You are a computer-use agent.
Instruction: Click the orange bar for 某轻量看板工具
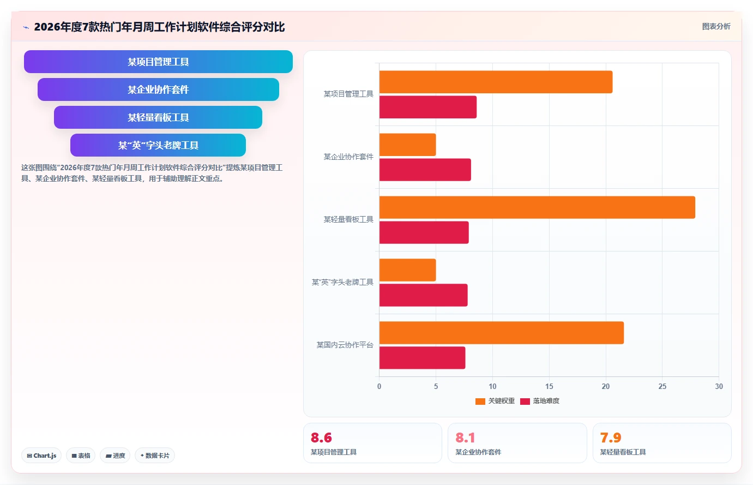[x=537, y=207]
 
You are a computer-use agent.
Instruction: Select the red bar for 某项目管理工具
[x=428, y=107]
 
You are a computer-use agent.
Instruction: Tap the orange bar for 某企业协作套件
[x=408, y=145]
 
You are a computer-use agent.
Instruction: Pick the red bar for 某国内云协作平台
[x=422, y=358]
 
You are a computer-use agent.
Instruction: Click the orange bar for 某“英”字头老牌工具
[x=408, y=270]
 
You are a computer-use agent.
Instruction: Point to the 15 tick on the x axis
[x=549, y=386]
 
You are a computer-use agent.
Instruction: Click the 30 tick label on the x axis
[x=719, y=386]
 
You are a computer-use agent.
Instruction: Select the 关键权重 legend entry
[x=495, y=401]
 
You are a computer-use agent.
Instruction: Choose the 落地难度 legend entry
[x=540, y=401]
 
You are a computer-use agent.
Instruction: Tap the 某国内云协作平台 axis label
[x=345, y=345]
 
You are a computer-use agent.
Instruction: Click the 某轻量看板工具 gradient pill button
[x=158, y=117]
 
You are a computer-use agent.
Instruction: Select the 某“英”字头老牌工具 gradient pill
[x=158, y=145]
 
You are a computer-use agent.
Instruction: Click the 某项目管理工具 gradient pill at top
[x=158, y=62]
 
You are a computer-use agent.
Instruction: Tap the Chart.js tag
[x=41, y=456]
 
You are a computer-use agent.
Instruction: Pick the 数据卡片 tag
[x=155, y=456]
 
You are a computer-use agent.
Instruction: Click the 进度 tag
[x=115, y=456]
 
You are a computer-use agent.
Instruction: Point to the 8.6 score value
[x=321, y=438]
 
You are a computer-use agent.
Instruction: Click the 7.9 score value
[x=611, y=438]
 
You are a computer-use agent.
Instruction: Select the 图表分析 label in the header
[x=716, y=26]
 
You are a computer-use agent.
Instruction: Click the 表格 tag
[x=81, y=456]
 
